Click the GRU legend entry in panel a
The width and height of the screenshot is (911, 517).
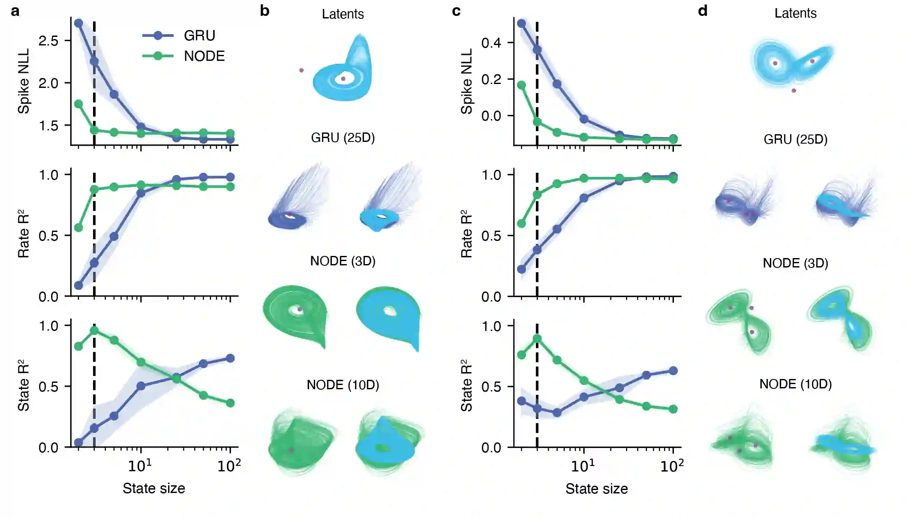199,36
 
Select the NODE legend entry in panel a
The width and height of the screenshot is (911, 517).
204,56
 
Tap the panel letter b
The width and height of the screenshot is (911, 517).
265,11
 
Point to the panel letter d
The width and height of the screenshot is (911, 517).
702,11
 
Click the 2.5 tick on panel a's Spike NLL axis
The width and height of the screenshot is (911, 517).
48,41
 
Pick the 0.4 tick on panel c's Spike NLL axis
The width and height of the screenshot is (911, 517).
491,43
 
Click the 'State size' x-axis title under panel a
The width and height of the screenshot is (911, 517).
153,488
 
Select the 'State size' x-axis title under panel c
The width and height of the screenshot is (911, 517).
596,489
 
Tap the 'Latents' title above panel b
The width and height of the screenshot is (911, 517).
343,14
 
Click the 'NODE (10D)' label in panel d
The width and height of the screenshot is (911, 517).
795,384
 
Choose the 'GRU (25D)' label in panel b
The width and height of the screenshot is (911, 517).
343,138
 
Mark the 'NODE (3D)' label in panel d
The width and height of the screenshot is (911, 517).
795,263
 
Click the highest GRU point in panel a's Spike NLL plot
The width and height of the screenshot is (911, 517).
78,23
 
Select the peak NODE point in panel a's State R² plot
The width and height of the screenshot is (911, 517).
94,331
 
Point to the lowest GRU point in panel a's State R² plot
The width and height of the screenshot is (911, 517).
78,442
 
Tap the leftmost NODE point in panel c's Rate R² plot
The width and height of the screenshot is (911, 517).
521,223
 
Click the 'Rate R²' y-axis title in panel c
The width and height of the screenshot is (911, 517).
466,234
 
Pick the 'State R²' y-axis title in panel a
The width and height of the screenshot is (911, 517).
24,385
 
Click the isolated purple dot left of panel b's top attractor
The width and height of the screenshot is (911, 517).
301,70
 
